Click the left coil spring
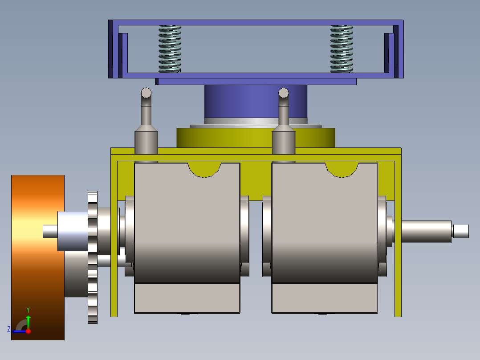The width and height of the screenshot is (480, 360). pos(170,49)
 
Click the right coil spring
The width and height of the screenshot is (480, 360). pos(342,49)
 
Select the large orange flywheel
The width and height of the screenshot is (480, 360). pos(38,258)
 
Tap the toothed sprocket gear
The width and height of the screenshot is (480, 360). pos(93,258)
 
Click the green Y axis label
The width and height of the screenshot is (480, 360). pos(28,310)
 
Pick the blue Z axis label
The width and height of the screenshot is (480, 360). pos(9,329)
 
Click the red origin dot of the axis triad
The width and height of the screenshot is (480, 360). pos(28,331)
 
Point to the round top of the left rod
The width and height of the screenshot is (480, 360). pos(146,93)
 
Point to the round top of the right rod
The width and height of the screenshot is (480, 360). pos(284,93)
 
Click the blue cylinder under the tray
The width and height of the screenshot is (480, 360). pos(256,102)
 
